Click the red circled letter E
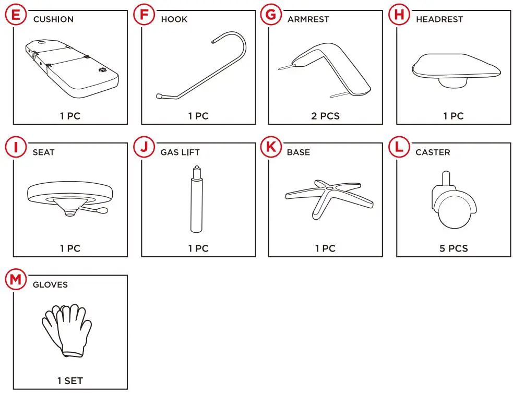pyautogui.click(x=16, y=14)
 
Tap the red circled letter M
pyautogui.click(x=16, y=280)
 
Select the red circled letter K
pyautogui.click(x=270, y=147)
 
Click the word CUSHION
pyautogui.click(x=53, y=19)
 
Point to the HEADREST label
pyautogui.click(x=439, y=19)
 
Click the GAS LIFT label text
pyautogui.click(x=180, y=152)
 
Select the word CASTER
pyautogui.click(x=433, y=152)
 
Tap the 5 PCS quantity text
pyautogui.click(x=453, y=249)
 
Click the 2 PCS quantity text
pyautogui.click(x=325, y=116)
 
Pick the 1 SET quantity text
pyautogui.click(x=70, y=381)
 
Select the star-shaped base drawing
pyautogui.click(x=329, y=197)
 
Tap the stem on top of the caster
pyautogui.click(x=446, y=178)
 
